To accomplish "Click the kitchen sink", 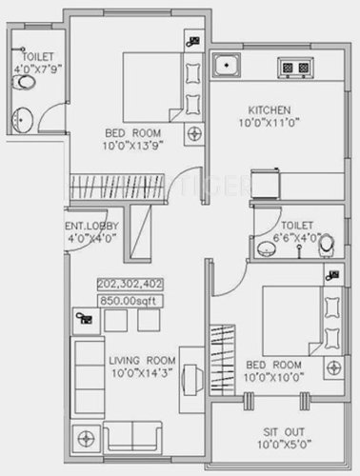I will (x=227, y=67).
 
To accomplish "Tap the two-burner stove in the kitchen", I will (x=294, y=67).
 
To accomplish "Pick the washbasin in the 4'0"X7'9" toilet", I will (x=23, y=119).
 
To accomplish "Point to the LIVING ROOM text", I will (x=139, y=360).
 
